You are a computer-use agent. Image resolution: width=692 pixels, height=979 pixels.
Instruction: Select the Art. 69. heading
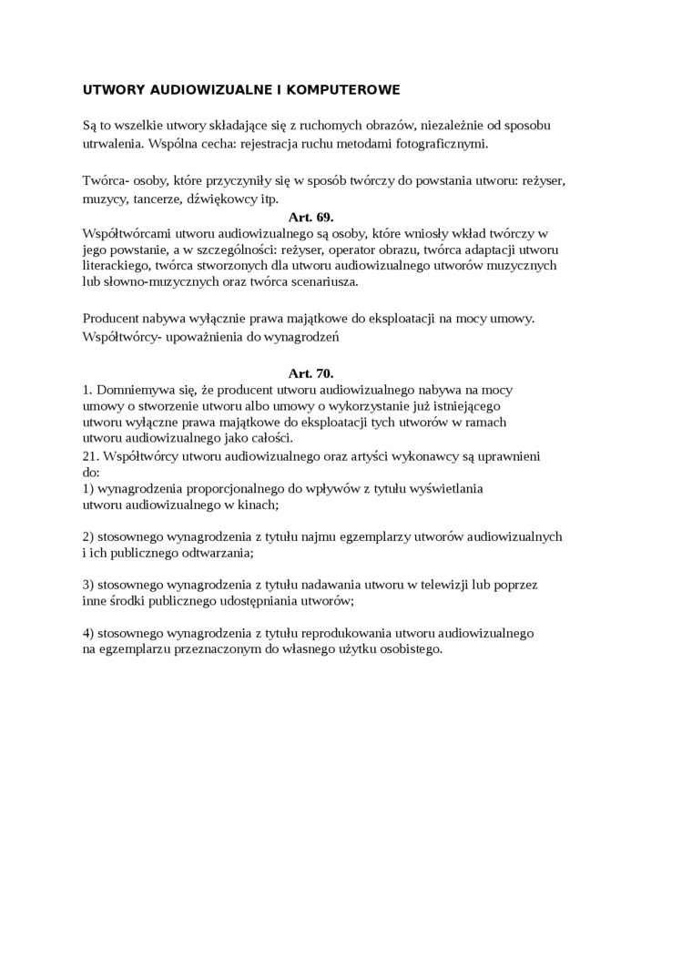click(x=310, y=217)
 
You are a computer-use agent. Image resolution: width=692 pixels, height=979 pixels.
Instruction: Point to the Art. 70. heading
click(x=310, y=372)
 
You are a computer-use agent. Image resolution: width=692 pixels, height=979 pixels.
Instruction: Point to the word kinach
click(x=258, y=504)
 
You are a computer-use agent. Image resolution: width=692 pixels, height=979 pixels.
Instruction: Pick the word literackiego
click(x=115, y=265)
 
